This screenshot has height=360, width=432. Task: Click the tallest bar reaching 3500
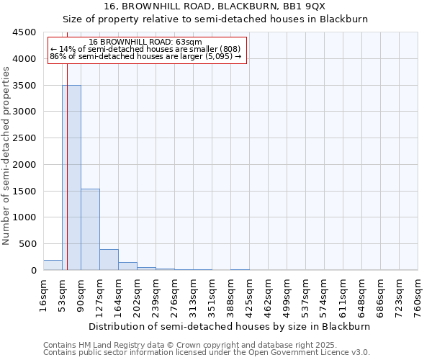(x=71, y=177)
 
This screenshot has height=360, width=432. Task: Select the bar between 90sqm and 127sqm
(x=90, y=229)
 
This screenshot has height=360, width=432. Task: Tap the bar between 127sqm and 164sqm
(x=109, y=259)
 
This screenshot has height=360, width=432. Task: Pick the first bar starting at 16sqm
(x=53, y=265)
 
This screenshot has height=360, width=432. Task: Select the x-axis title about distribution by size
(x=230, y=326)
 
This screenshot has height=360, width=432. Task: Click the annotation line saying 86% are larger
(x=145, y=56)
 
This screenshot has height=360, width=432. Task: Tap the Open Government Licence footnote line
(x=207, y=353)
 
